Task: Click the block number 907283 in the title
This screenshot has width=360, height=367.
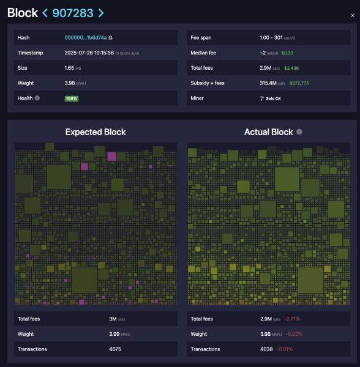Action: [x=73, y=12]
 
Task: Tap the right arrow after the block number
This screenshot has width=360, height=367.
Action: [x=101, y=13]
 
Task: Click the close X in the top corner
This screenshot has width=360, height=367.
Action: [x=352, y=15]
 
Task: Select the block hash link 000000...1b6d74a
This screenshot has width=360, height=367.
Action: [x=85, y=38]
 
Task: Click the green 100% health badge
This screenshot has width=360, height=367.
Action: [x=72, y=98]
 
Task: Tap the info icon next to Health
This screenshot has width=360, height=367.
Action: [x=37, y=98]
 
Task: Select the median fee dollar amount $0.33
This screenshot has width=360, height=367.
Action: [x=288, y=53]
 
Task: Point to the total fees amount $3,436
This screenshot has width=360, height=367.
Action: [x=291, y=68]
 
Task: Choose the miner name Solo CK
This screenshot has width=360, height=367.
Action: [x=272, y=98]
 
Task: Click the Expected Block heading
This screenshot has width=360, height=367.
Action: [x=96, y=132]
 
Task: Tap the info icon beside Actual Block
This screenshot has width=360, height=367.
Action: [x=299, y=132]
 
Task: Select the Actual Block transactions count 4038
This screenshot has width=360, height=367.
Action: [x=268, y=349]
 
